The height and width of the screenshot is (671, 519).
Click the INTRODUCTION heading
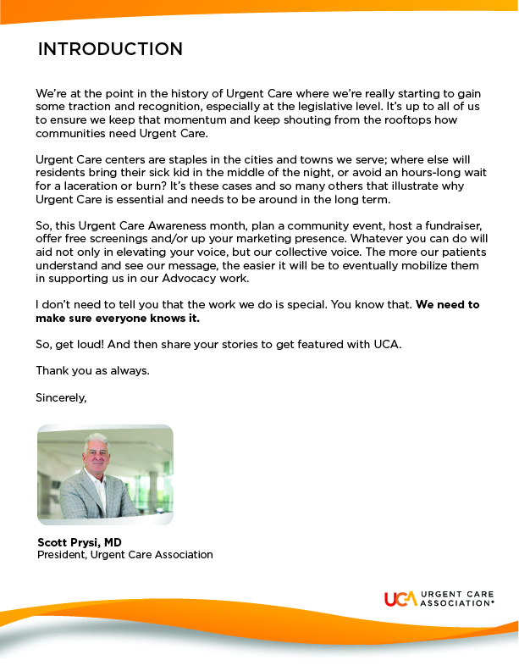point(110,49)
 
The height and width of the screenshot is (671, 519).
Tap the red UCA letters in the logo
point(400,599)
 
